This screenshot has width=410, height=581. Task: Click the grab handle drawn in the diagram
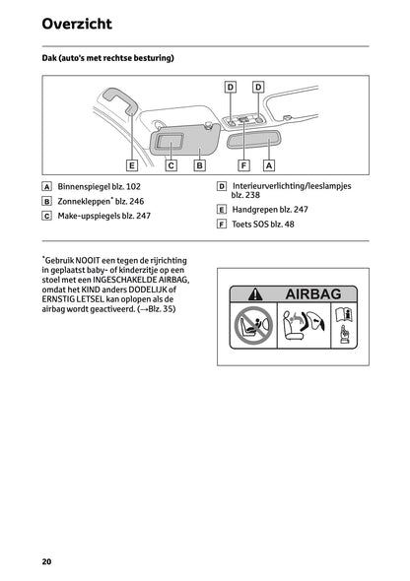[121, 100]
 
